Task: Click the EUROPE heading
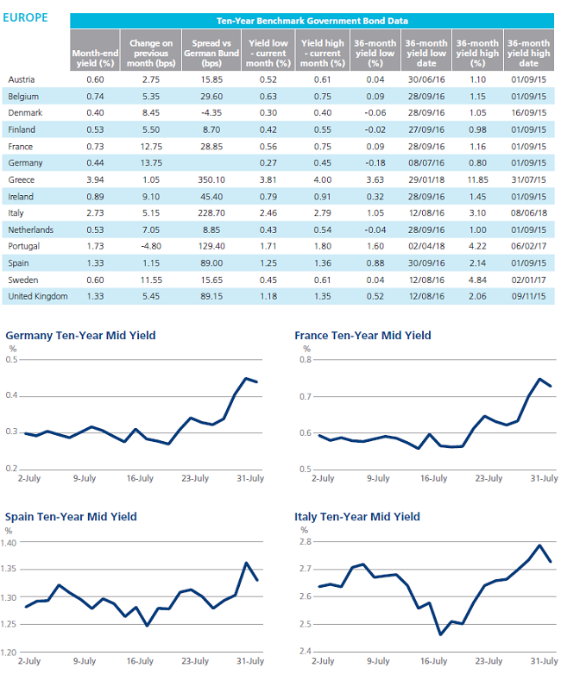(25, 18)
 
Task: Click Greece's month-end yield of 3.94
(95, 180)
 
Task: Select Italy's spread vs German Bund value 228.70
(211, 213)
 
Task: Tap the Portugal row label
(24, 246)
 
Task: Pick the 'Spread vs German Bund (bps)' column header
(211, 53)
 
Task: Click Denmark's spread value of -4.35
(211, 113)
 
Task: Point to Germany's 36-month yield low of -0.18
(375, 163)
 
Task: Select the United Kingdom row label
(38, 297)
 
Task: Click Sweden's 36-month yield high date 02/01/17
(528, 281)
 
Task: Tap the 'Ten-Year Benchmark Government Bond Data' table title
(312, 21)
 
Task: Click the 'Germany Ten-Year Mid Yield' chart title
(80, 336)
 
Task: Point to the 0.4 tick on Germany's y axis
(12, 395)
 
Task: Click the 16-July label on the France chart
(433, 479)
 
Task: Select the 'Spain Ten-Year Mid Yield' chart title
(71, 517)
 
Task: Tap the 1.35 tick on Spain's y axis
(9, 569)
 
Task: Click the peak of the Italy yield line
(539, 545)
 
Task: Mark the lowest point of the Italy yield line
(440, 634)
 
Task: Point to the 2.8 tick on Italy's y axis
(306, 542)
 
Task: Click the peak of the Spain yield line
(247, 563)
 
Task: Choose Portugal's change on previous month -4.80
(151, 246)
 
